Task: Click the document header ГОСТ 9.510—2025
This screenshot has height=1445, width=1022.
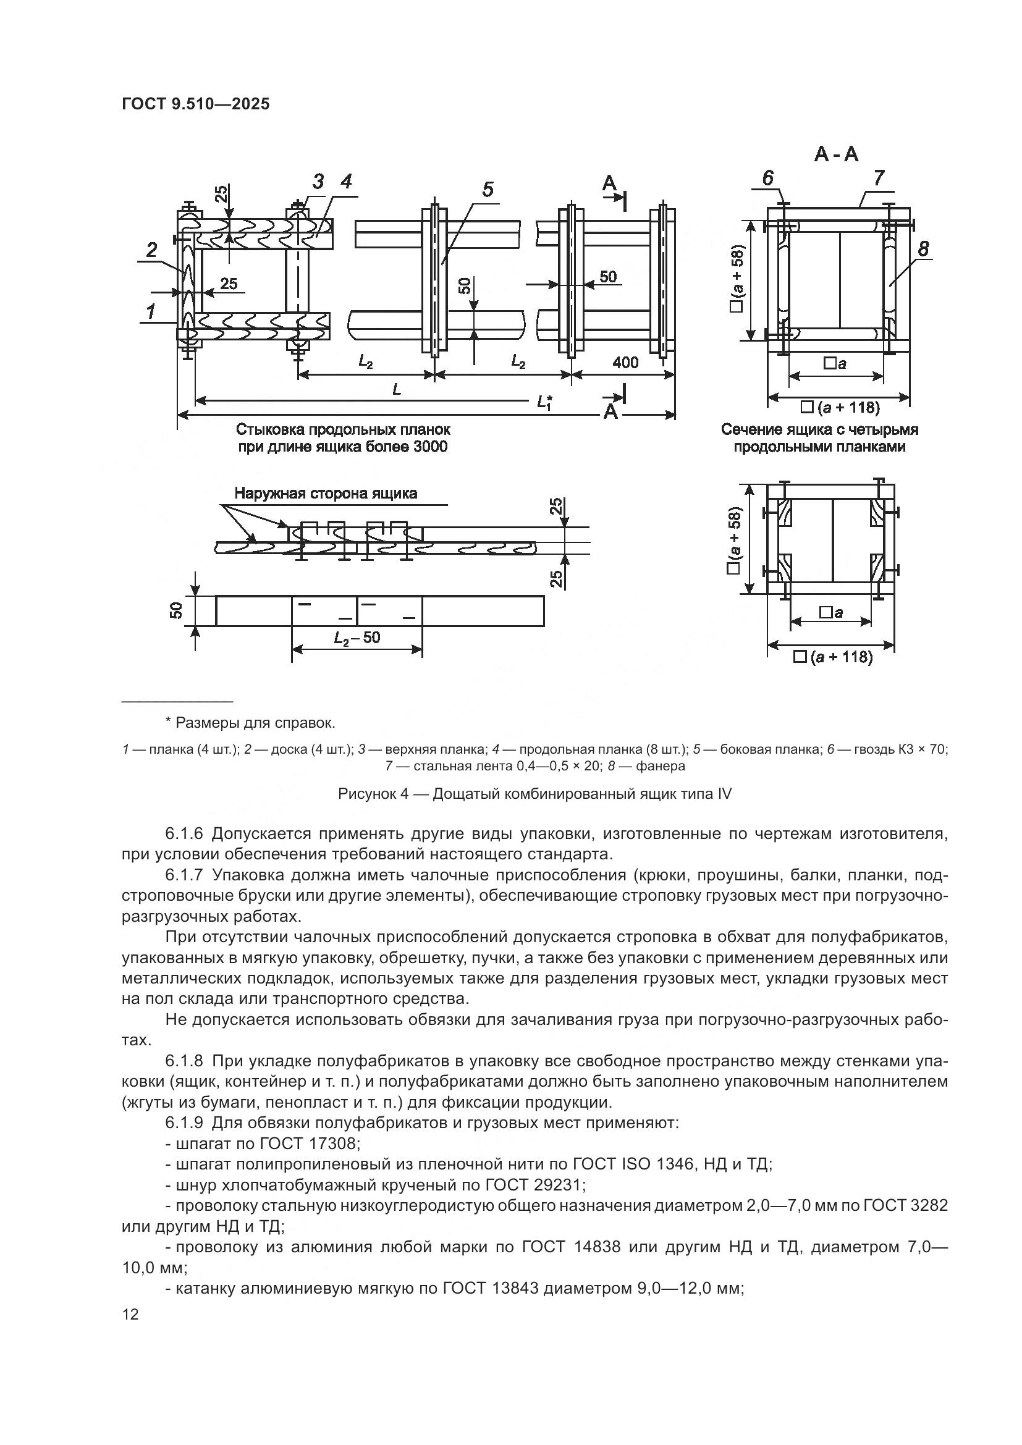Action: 195,104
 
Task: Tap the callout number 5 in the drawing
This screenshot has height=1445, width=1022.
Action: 488,190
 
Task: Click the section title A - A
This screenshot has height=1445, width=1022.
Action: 837,154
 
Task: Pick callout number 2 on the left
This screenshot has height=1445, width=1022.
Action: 151,250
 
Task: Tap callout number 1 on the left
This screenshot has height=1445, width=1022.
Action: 150,311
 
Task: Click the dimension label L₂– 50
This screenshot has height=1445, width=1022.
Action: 357,638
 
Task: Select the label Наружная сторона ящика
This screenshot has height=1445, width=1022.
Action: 326,493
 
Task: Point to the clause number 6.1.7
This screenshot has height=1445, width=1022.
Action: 184,875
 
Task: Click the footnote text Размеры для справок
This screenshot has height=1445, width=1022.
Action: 255,723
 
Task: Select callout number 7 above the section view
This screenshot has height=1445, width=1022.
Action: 879,178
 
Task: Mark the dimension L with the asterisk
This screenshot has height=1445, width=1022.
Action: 545,402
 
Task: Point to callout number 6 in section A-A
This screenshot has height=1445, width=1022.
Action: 768,178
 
